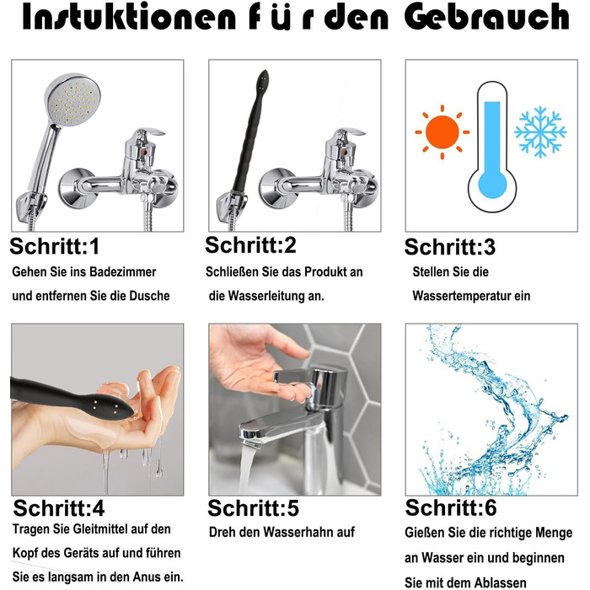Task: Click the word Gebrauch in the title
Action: pyautogui.click(x=486, y=17)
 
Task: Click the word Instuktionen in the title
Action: pyautogui.click(x=129, y=18)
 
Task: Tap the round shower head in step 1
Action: pyautogui.click(x=72, y=99)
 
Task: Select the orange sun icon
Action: pyautogui.click(x=442, y=132)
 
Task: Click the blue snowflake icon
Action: pyautogui.click(x=540, y=131)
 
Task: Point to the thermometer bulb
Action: pyautogui.click(x=492, y=185)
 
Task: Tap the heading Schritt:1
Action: pyautogui.click(x=55, y=246)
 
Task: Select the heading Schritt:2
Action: pyautogui.click(x=250, y=244)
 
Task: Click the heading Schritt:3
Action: pyautogui.click(x=449, y=247)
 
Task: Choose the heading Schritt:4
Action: pyautogui.click(x=59, y=508)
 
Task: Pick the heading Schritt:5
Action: pyautogui.click(x=253, y=508)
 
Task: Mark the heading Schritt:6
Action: pyautogui.click(x=451, y=507)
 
